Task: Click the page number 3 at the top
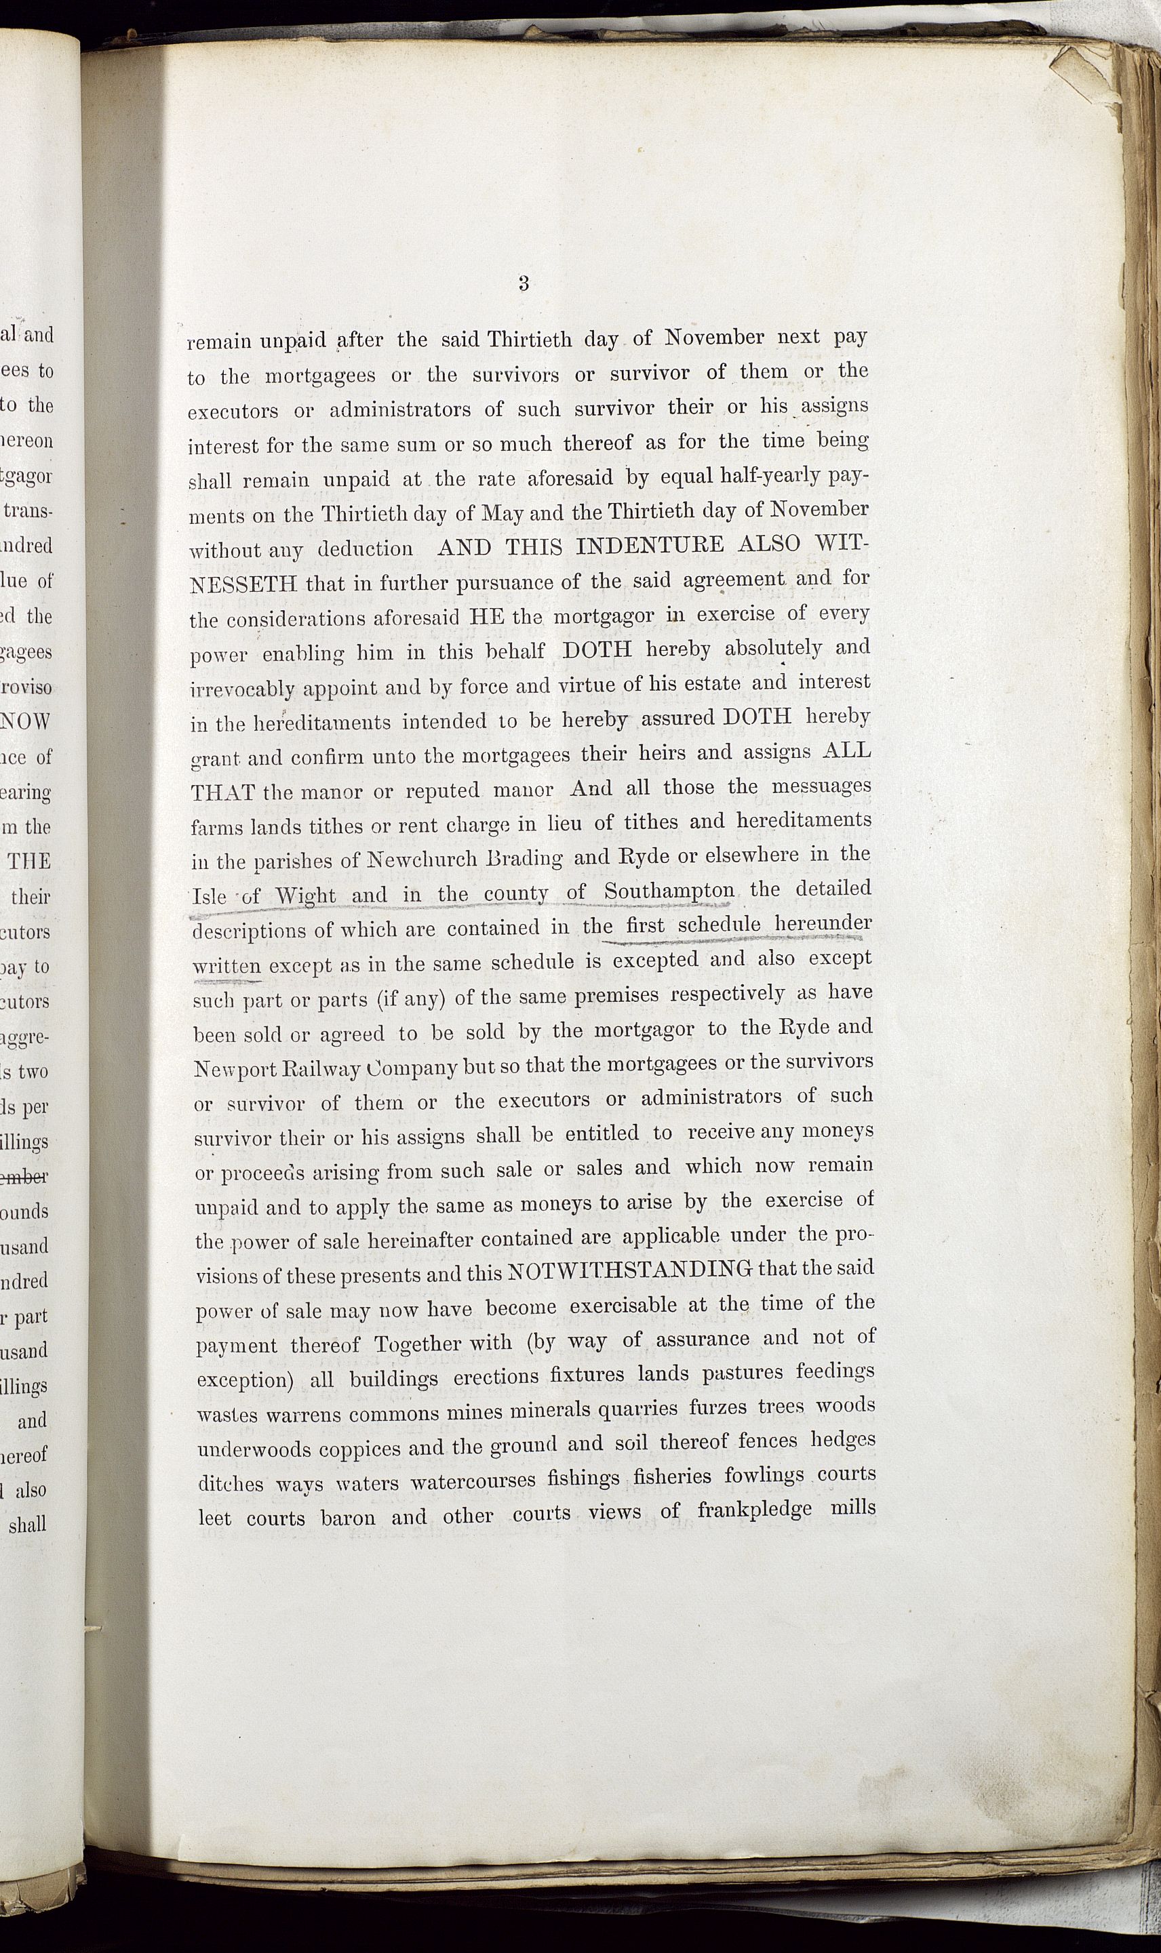click(x=524, y=283)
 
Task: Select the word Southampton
click(x=669, y=891)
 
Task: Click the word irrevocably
click(x=243, y=689)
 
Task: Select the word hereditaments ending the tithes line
click(x=804, y=821)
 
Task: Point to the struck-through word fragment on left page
click(x=25, y=1177)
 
